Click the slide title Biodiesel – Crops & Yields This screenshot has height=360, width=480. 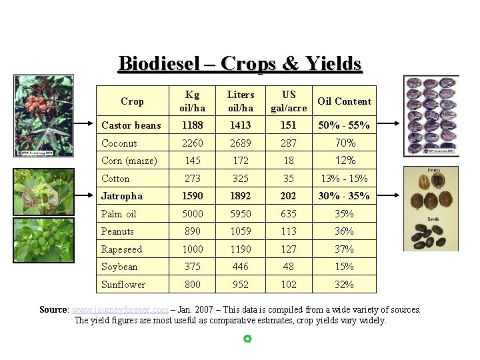tap(240, 63)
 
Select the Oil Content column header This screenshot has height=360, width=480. tap(344, 101)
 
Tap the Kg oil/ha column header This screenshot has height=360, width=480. tap(192, 101)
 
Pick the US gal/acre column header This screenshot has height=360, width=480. tap(289, 101)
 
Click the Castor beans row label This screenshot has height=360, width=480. tap(131, 125)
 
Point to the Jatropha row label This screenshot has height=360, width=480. tap(122, 196)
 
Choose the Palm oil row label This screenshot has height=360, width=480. tap(119, 214)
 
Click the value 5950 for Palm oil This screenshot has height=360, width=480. tap(241, 214)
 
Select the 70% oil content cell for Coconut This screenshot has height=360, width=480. tap(345, 143)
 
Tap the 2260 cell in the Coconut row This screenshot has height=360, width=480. tap(192, 143)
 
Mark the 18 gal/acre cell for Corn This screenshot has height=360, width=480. tap(289, 161)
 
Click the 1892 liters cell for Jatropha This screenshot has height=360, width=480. tap(241, 196)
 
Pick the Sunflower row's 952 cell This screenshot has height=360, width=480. tap(241, 285)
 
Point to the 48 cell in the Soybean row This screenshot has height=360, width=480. tap(289, 267)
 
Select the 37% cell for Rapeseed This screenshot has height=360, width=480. tap(345, 249)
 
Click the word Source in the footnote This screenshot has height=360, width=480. tap(53, 309)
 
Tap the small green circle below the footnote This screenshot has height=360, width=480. tap(247, 339)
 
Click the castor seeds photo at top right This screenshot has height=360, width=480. tap(431, 115)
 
